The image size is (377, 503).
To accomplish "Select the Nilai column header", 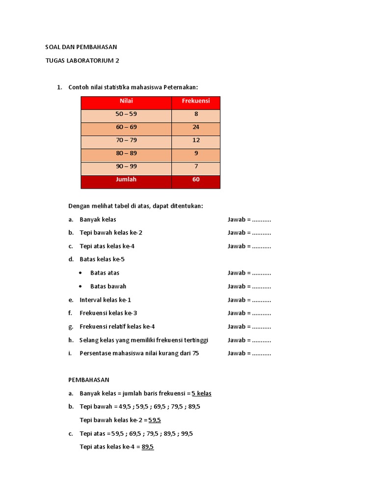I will [x=126, y=101].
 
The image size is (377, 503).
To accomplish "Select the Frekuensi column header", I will [x=196, y=101].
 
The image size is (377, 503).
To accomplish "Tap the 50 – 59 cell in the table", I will [x=126, y=114].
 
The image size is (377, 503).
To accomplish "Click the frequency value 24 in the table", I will [x=196, y=127].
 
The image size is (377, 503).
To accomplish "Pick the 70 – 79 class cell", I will [x=126, y=140].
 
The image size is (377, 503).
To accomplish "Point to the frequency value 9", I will [x=196, y=153].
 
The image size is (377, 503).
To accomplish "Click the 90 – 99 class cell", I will [x=126, y=167].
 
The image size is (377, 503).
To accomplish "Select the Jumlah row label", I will [x=126, y=180].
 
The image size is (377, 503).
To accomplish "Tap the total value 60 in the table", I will [x=196, y=180].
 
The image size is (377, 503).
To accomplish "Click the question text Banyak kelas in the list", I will [x=98, y=220].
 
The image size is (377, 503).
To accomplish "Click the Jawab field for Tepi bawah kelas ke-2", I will [x=249, y=233].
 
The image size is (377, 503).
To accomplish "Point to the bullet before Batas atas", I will [x=81, y=273].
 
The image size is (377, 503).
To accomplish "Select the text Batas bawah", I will [x=108, y=286].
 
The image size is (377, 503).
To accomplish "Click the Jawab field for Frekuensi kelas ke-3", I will [x=249, y=313].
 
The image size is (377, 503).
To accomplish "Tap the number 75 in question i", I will [x=196, y=353].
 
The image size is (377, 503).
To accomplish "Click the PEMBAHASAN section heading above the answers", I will [x=88, y=380].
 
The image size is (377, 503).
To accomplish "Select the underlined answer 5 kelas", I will [x=201, y=393].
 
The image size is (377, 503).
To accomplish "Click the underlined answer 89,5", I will [x=148, y=447].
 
